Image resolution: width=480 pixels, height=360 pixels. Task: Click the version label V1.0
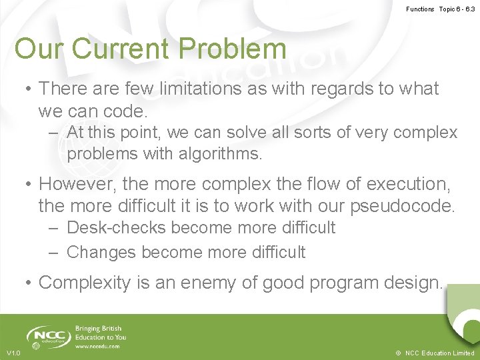pyautogui.click(x=13, y=353)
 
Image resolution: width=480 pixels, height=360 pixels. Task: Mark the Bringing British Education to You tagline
pyautogui.click(x=101, y=333)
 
